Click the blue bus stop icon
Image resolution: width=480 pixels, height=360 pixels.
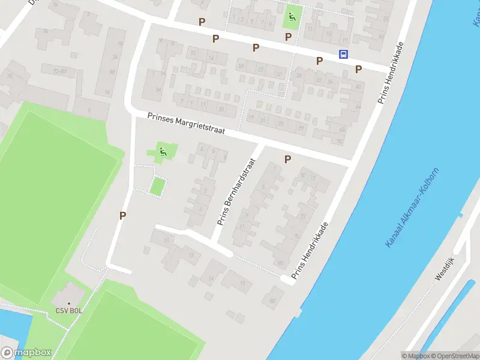pos(343,55)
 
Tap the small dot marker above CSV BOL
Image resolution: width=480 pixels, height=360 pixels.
pos(68,304)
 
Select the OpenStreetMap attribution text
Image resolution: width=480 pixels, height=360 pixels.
pos(455,356)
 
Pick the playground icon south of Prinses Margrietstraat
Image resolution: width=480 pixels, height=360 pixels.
pos(162,152)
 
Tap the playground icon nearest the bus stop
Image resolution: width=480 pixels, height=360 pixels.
pos(292,17)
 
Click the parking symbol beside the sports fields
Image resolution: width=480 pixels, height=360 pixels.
pos(122,216)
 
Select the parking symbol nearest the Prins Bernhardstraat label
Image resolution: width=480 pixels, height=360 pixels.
pos(287,159)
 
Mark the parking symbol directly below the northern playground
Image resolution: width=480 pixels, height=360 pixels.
pos(289,37)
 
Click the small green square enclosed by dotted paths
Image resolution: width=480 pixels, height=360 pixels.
pos(157,187)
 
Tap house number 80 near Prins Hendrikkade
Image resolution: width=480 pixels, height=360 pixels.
pos(280,263)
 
